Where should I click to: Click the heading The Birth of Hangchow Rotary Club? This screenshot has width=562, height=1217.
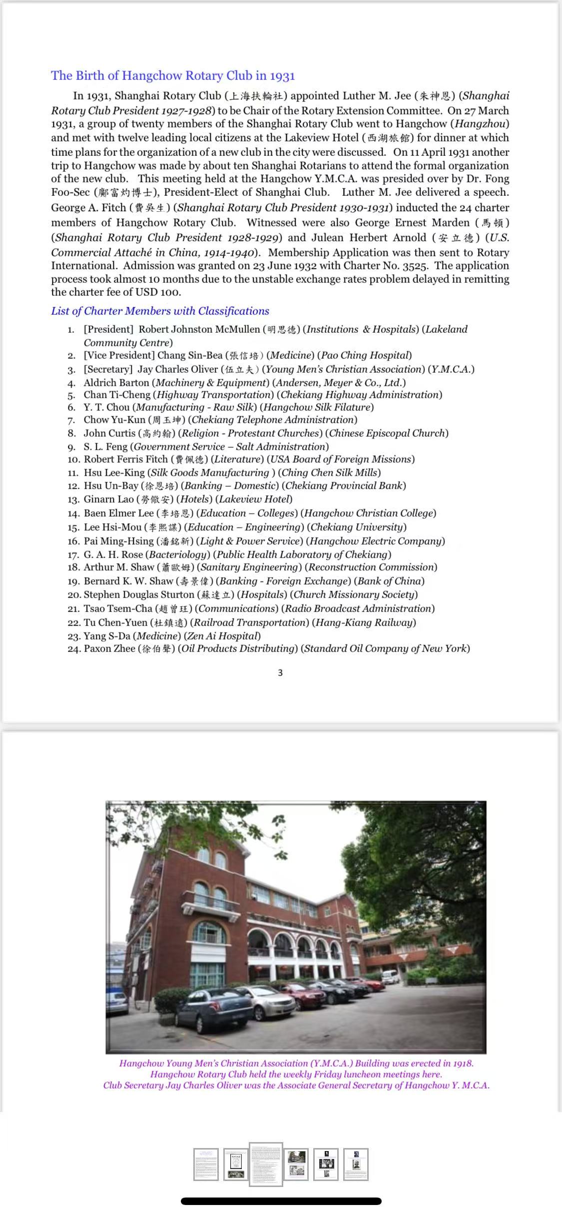[173, 75]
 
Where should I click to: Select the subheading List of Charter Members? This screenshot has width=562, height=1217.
[160, 311]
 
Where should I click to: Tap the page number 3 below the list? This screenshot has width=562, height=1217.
[280, 672]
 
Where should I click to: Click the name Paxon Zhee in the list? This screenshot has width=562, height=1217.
[109, 648]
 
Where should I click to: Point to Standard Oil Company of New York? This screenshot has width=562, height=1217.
[387, 648]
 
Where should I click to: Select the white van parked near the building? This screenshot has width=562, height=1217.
[391, 976]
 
